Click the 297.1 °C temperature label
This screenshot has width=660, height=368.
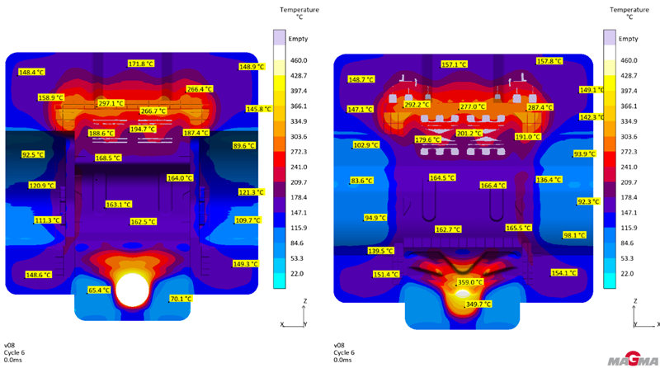pos(111,104)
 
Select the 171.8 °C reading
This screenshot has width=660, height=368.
pos(141,64)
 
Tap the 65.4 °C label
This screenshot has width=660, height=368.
pos(98,290)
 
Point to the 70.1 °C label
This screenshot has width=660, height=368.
pos(180,299)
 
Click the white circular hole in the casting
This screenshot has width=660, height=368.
pos(132,290)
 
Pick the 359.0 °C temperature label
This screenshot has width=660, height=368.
pos(469,282)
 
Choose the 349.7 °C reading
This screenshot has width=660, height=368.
pos(478,304)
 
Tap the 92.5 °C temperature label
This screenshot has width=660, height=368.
pos(33,154)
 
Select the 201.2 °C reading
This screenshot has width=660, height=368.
pos(469,133)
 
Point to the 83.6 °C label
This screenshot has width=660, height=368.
pos(362,181)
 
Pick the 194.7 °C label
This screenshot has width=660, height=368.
pos(142,129)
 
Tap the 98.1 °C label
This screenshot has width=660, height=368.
pos(574,235)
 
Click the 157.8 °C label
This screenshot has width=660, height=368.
pos(549,61)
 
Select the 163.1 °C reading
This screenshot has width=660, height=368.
pos(118,205)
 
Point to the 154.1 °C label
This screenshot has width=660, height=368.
pos(563,273)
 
